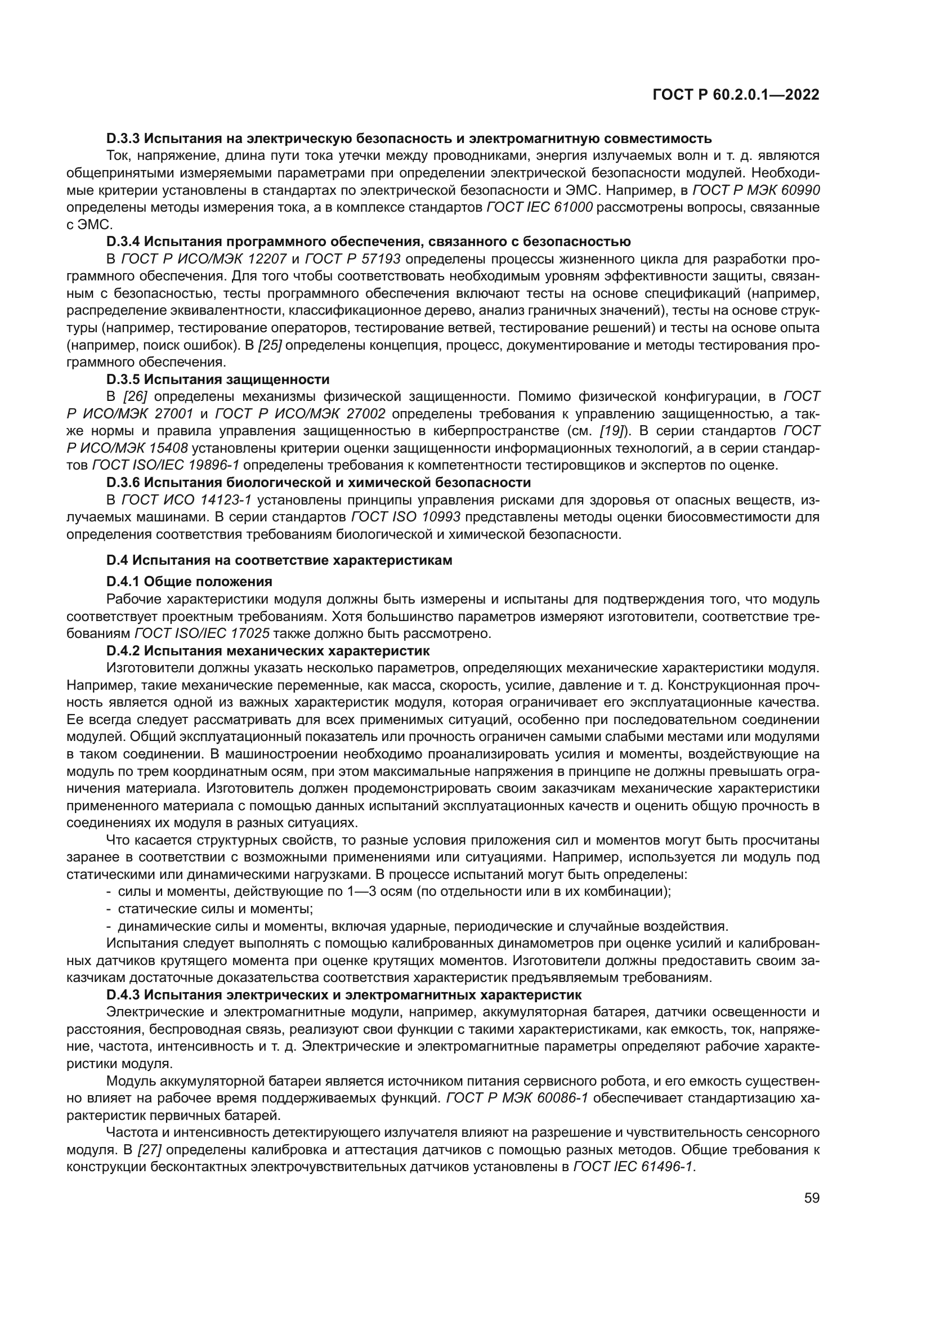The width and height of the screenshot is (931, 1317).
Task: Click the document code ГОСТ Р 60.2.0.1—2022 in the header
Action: pyautogui.click(x=736, y=95)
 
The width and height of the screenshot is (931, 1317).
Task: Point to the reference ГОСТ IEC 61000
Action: pyautogui.click(x=539, y=207)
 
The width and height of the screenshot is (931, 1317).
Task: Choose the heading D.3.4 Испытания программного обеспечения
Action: pyautogui.click(x=368, y=242)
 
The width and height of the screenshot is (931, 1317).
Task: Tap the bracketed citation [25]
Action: pyautogui.click(x=269, y=345)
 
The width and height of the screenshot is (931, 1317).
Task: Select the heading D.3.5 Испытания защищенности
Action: pyautogui.click(x=218, y=379)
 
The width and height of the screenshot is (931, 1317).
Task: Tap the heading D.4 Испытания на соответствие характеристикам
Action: pyautogui.click(x=279, y=560)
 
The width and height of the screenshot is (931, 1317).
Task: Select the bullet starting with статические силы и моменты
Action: pyautogui.click(x=214, y=909)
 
